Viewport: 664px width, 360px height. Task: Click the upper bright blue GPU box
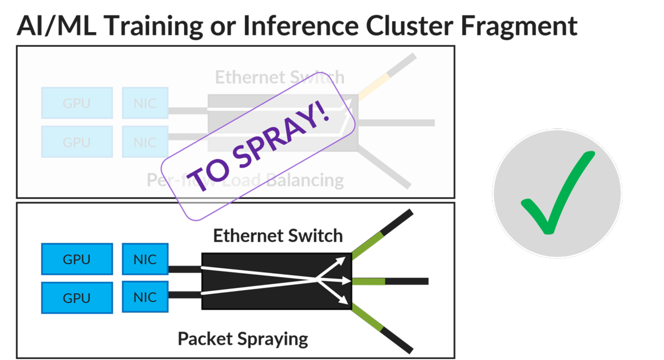point(77,259)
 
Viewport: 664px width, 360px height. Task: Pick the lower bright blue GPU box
point(77,298)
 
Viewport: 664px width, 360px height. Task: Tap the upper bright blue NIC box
point(145,259)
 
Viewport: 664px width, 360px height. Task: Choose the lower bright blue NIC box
point(145,298)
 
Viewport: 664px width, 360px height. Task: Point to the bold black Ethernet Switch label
point(278,236)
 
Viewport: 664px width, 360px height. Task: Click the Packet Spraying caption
point(243,338)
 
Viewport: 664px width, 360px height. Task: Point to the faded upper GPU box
point(77,103)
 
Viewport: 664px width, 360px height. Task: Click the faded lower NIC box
point(145,142)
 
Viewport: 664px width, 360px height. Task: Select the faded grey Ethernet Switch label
point(279,77)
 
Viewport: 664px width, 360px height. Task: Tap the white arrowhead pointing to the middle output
point(347,281)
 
